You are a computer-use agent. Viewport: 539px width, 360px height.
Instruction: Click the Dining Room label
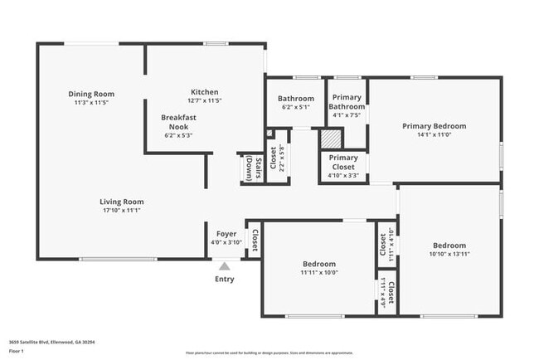[91, 94]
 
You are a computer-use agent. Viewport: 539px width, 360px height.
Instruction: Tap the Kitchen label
[204, 92]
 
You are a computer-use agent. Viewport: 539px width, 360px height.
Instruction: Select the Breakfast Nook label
[178, 122]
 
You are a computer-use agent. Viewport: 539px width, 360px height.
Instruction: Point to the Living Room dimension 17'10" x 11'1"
[122, 210]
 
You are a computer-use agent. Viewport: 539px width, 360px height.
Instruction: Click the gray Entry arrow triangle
[224, 266]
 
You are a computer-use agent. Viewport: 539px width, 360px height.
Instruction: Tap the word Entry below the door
[225, 280]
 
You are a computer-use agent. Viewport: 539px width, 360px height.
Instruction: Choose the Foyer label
[226, 234]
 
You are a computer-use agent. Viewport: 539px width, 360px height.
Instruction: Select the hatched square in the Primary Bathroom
[328, 139]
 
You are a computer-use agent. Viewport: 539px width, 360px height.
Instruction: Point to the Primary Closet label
[343, 162]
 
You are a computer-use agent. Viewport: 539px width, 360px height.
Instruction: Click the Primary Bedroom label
[434, 126]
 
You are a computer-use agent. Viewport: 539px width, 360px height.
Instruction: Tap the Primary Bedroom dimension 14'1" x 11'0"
[434, 134]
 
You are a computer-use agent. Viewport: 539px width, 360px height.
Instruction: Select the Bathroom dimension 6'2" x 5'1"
[295, 107]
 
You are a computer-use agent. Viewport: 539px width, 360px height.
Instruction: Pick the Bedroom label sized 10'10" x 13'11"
[449, 246]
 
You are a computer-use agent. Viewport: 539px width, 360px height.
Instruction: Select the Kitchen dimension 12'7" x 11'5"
[204, 100]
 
